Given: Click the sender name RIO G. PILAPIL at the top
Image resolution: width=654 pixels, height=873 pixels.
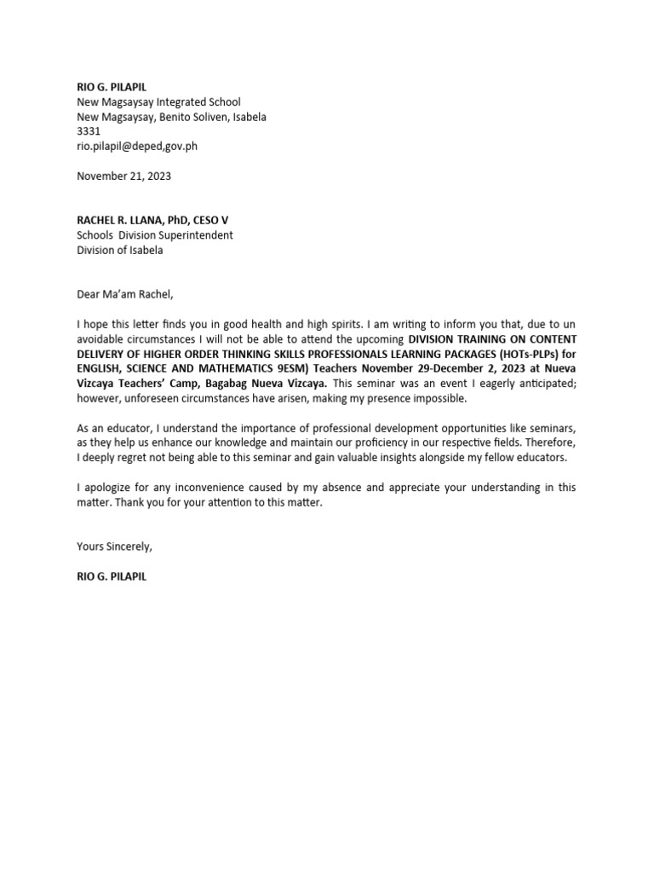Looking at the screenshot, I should tap(112, 88).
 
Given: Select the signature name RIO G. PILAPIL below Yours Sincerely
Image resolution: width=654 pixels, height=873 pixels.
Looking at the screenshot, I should tap(112, 576).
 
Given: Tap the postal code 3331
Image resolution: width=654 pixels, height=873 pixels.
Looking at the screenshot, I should tap(89, 131).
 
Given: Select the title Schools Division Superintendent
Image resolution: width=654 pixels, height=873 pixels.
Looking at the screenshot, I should tap(155, 235).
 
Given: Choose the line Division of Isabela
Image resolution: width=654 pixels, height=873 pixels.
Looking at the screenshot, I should tap(120, 250).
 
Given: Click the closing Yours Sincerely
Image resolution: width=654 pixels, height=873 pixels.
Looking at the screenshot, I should tap(115, 546).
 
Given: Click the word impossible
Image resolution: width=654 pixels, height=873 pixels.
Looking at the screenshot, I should tap(438, 398).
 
